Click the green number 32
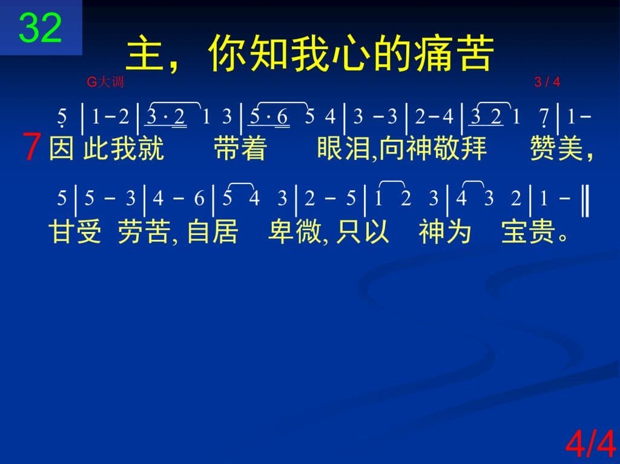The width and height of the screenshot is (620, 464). click(x=40, y=27)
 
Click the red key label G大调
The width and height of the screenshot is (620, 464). click(x=105, y=82)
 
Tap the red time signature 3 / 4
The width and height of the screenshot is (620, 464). click(x=547, y=82)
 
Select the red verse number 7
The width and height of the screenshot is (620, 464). click(x=31, y=147)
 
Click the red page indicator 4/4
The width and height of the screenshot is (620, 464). click(x=591, y=444)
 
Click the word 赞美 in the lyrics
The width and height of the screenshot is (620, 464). click(x=556, y=148)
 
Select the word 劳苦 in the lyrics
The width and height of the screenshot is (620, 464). click(x=144, y=231)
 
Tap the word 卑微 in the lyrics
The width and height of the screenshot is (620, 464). click(x=295, y=231)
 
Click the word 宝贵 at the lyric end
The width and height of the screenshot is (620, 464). click(x=527, y=231)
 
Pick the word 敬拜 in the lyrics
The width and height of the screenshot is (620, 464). click(x=460, y=148)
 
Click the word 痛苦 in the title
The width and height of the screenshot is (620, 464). click(x=454, y=53)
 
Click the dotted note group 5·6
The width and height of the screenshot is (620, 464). click(x=269, y=117)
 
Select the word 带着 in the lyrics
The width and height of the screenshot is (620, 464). click(x=240, y=148)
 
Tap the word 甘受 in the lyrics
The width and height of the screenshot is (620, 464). click(x=74, y=231)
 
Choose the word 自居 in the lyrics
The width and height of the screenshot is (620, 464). click(x=213, y=231)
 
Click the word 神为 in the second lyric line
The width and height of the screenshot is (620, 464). click(x=445, y=231)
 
